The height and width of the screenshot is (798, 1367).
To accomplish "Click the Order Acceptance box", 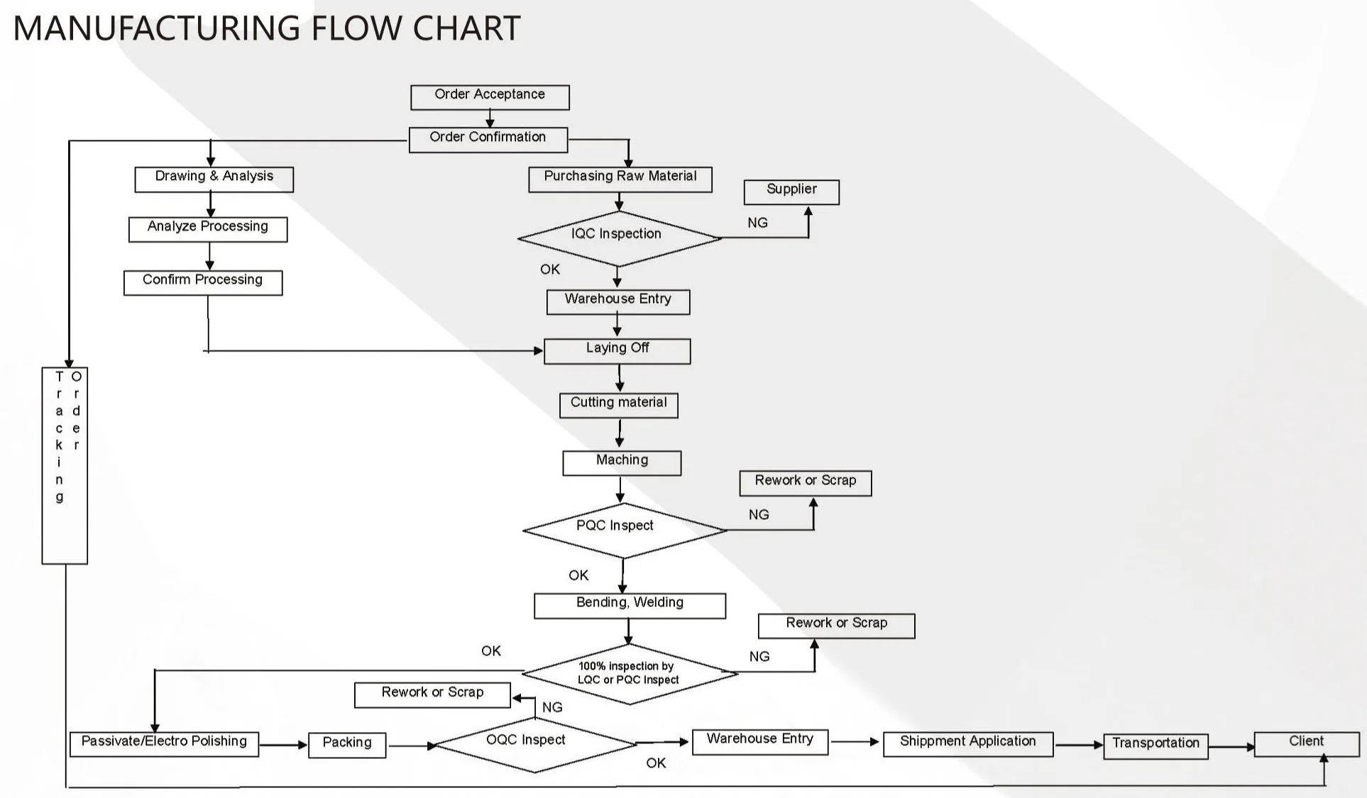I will (490, 97).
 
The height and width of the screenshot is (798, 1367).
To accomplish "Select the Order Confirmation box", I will (488, 140).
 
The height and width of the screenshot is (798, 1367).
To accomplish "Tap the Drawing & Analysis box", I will (214, 179).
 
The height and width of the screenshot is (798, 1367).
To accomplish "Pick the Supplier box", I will (791, 192).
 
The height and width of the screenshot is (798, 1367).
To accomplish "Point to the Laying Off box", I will (617, 351).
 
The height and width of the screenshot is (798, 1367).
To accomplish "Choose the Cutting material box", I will (619, 405).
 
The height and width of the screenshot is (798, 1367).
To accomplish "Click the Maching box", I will (622, 462).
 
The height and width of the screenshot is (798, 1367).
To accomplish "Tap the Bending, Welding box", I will (630, 605).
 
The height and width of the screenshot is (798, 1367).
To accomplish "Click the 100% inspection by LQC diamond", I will (629, 673).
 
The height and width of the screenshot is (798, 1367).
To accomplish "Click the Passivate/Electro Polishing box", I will (164, 744).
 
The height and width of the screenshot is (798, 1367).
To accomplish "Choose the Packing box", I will (347, 745).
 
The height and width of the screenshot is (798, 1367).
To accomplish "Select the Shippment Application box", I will (967, 744).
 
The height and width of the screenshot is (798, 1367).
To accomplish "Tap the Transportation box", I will (1155, 746).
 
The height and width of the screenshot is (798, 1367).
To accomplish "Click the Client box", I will (1306, 743).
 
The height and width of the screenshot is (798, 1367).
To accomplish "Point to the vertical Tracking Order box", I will (65, 465).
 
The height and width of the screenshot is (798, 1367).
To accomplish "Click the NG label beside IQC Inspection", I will (757, 223).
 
